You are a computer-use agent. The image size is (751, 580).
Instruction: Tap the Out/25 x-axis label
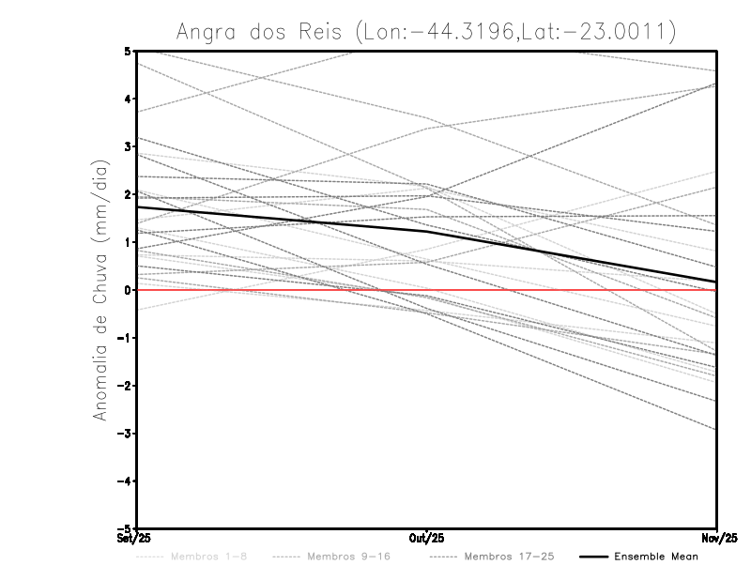tap(427, 538)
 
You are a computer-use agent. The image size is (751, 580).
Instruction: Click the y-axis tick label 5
tap(127, 51)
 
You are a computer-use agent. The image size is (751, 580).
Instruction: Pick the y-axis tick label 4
tap(127, 99)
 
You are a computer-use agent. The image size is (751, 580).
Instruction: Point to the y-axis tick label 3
tap(127, 146)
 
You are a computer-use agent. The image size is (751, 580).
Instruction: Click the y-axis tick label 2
tap(127, 194)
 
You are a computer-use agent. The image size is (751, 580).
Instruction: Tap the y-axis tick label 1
tap(127, 242)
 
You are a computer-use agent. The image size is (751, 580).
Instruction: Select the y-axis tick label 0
tap(127, 290)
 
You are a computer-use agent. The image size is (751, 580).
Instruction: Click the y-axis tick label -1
tap(124, 338)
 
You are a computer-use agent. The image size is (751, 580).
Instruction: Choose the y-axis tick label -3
tap(124, 434)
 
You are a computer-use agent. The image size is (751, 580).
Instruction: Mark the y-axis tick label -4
tap(124, 481)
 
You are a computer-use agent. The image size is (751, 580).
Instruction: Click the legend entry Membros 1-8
tap(209, 557)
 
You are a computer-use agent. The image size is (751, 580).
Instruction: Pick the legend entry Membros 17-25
tap(509, 557)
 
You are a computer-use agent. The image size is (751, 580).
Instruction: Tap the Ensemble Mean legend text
tap(655, 557)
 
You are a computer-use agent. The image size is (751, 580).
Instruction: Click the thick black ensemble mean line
tap(282, 219)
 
